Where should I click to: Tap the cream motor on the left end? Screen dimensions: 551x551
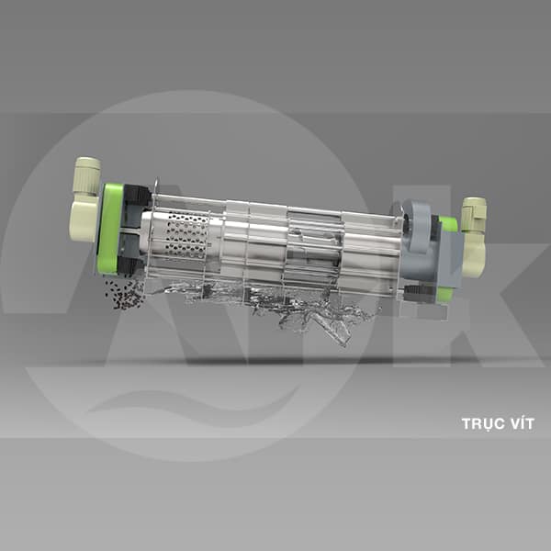coord(85,199)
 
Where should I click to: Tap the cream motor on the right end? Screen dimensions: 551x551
coord(474,236)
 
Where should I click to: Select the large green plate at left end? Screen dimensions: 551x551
coord(110,229)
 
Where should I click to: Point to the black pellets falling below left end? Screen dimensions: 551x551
coord(125,295)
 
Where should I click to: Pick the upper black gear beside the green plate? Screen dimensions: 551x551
coord(136,198)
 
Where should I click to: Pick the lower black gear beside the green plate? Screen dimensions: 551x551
coord(130,269)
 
